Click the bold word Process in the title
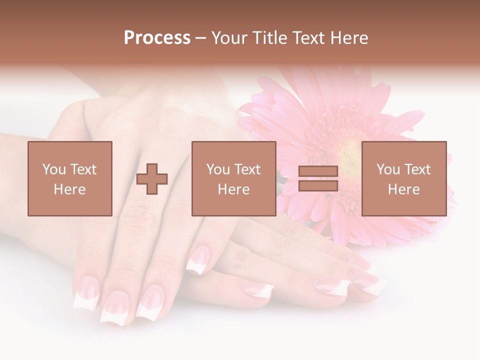(157, 38)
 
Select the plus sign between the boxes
(152, 179)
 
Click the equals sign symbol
(318, 178)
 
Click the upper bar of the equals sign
(318, 171)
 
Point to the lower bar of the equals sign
(318, 185)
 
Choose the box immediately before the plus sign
(70, 178)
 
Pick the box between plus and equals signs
(234, 178)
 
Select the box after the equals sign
(404, 178)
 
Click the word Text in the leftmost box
(83, 169)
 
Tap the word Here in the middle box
(234, 189)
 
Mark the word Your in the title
(227, 38)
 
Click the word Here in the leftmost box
(70, 189)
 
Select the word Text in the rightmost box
(417, 169)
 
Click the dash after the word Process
(201, 38)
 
